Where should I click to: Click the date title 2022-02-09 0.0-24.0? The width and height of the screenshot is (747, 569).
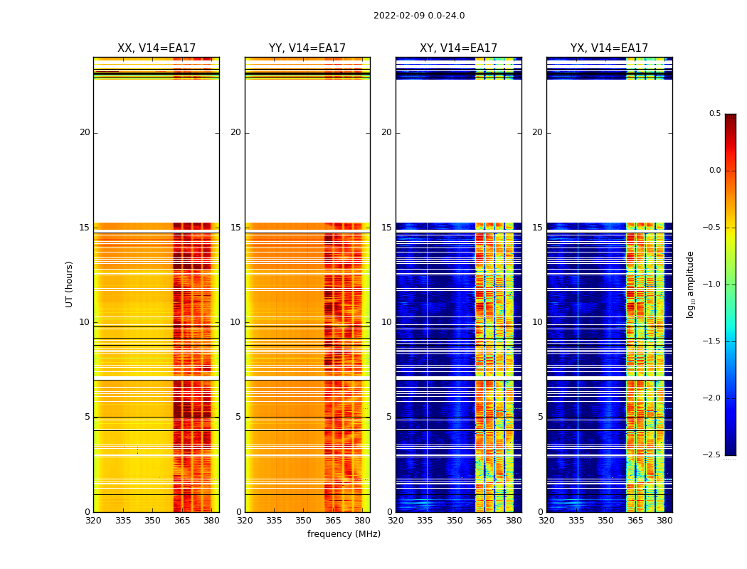[419, 16]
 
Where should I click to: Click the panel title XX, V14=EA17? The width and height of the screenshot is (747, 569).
[157, 48]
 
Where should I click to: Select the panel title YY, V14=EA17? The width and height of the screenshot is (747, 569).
[307, 48]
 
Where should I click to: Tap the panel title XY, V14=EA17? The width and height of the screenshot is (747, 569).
[458, 48]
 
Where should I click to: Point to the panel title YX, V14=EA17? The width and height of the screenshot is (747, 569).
[609, 48]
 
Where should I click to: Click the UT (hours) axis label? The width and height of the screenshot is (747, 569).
[70, 284]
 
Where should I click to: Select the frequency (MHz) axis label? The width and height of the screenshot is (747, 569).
[344, 534]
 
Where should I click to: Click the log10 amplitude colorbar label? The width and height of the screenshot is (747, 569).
[690, 284]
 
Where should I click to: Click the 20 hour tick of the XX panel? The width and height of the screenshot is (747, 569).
[85, 132]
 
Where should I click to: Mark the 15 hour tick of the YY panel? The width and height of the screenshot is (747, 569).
[235, 228]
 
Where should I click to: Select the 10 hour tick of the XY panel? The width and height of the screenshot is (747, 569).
[386, 322]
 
